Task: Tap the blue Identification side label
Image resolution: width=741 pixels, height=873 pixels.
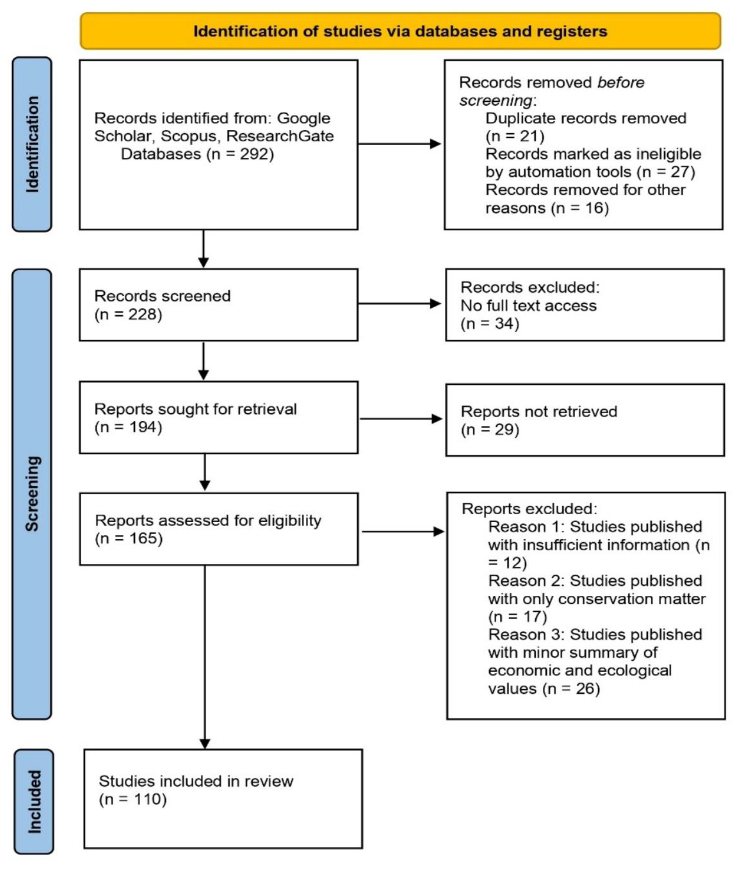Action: [32, 144]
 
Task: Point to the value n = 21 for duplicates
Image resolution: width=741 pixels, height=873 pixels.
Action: [515, 136]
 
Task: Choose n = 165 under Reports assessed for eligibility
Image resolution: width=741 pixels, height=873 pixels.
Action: [128, 538]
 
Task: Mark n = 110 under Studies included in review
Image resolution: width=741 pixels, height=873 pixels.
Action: [133, 799]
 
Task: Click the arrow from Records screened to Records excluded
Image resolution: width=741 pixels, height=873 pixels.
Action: [399, 304]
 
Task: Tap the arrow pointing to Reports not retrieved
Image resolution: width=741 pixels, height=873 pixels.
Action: [401, 419]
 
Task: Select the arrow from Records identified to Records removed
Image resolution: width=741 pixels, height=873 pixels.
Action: [399, 144]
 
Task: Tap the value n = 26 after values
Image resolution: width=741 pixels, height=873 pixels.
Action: [571, 689]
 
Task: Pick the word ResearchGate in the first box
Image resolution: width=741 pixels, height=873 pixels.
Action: [280, 136]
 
